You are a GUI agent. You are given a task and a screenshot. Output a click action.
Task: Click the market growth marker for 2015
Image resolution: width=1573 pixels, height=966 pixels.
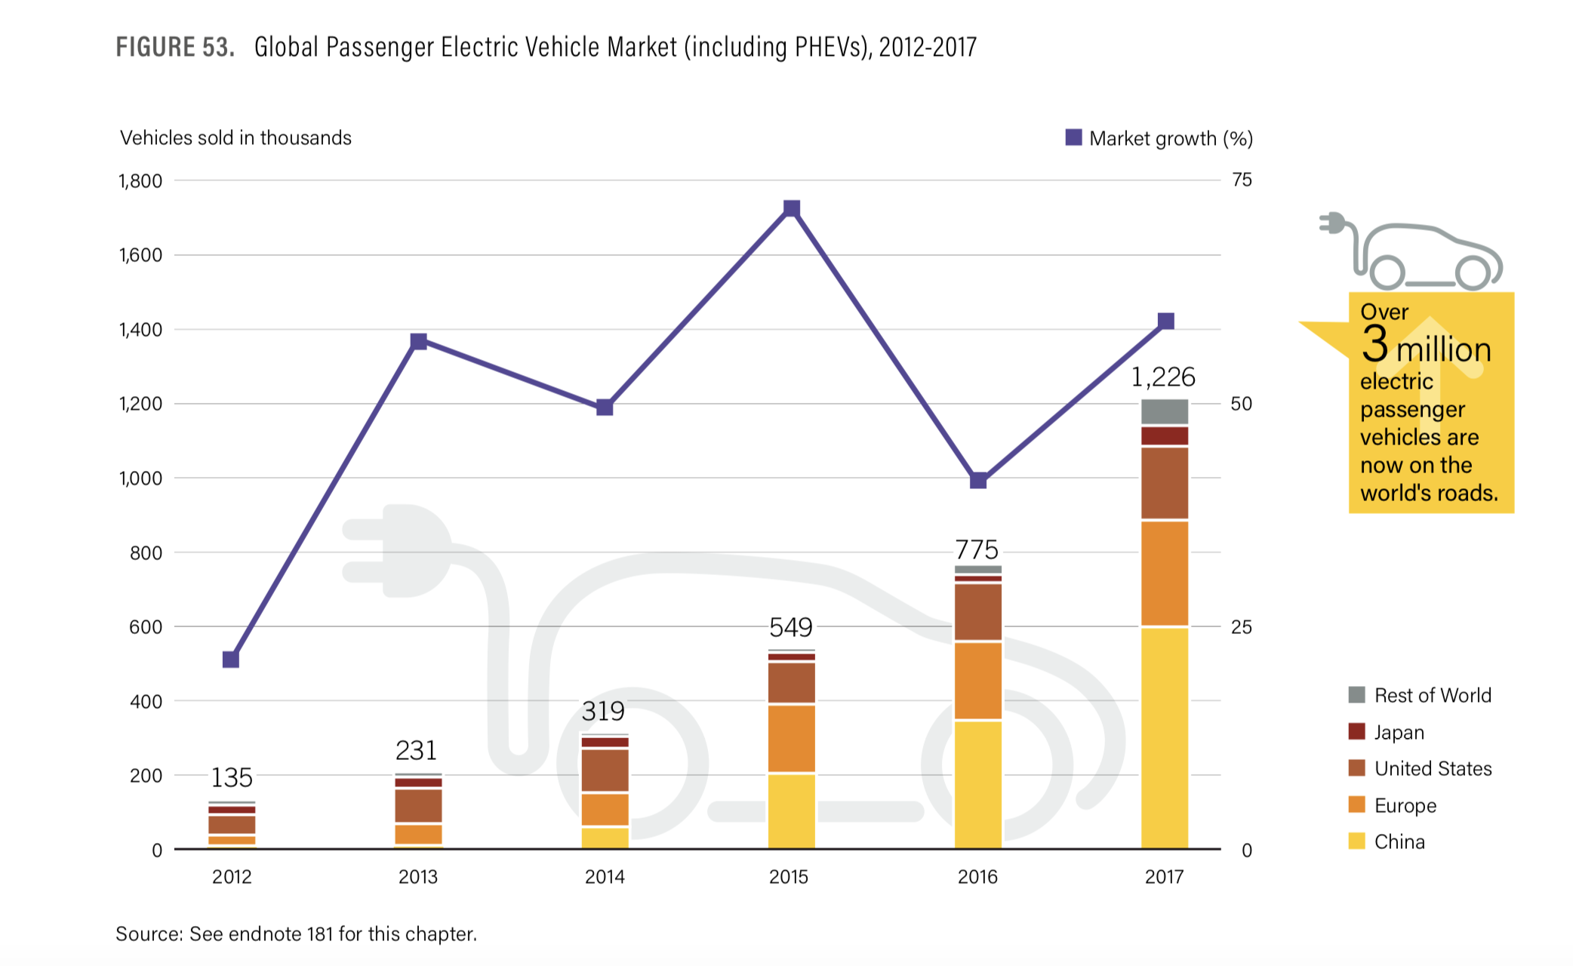[x=791, y=208]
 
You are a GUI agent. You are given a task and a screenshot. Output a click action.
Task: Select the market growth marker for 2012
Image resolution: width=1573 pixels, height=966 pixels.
[x=231, y=660]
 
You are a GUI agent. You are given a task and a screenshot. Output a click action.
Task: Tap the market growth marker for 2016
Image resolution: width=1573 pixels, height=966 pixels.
[x=978, y=480]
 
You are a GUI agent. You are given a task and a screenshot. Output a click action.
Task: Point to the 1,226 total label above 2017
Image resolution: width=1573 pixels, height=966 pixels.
[x=1163, y=377]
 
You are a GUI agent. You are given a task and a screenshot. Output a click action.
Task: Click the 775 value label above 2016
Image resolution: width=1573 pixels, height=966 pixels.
[x=977, y=549]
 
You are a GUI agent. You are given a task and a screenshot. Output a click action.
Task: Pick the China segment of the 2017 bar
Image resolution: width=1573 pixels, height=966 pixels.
[x=1165, y=737]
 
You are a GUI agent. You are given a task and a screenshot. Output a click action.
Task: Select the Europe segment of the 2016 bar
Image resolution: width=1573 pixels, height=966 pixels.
[x=978, y=681]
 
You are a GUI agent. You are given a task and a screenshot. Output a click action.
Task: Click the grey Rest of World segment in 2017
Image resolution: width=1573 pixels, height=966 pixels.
[x=1165, y=412]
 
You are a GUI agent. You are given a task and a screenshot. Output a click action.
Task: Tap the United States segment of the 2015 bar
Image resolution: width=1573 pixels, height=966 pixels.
[x=792, y=683]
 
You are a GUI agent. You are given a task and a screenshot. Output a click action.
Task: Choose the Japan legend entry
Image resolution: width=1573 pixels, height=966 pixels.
[x=1399, y=732]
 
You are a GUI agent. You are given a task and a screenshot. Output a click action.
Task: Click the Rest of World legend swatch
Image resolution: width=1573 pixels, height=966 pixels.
[x=1356, y=695]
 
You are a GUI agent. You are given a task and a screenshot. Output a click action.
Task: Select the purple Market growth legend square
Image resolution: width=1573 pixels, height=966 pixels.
[x=1073, y=137]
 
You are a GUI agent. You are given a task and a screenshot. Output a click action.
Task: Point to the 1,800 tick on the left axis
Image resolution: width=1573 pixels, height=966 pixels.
[x=140, y=181]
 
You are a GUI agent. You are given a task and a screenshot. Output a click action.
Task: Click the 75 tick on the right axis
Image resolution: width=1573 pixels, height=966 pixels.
[x=1241, y=180]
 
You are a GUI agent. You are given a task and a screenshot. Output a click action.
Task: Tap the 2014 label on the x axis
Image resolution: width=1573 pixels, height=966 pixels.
[x=605, y=877]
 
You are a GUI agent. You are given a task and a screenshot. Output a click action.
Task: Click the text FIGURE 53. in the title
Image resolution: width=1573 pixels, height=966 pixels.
[x=175, y=48]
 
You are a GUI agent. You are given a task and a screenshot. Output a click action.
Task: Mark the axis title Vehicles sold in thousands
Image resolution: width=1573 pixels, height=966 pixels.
[x=235, y=137]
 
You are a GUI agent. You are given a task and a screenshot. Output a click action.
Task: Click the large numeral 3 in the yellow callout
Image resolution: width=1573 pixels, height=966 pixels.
[x=1374, y=345]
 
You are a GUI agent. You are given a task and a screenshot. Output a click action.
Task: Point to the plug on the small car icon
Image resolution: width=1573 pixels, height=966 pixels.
[x=1333, y=223]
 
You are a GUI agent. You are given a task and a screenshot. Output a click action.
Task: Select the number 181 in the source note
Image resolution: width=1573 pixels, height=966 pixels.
[x=320, y=934]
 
